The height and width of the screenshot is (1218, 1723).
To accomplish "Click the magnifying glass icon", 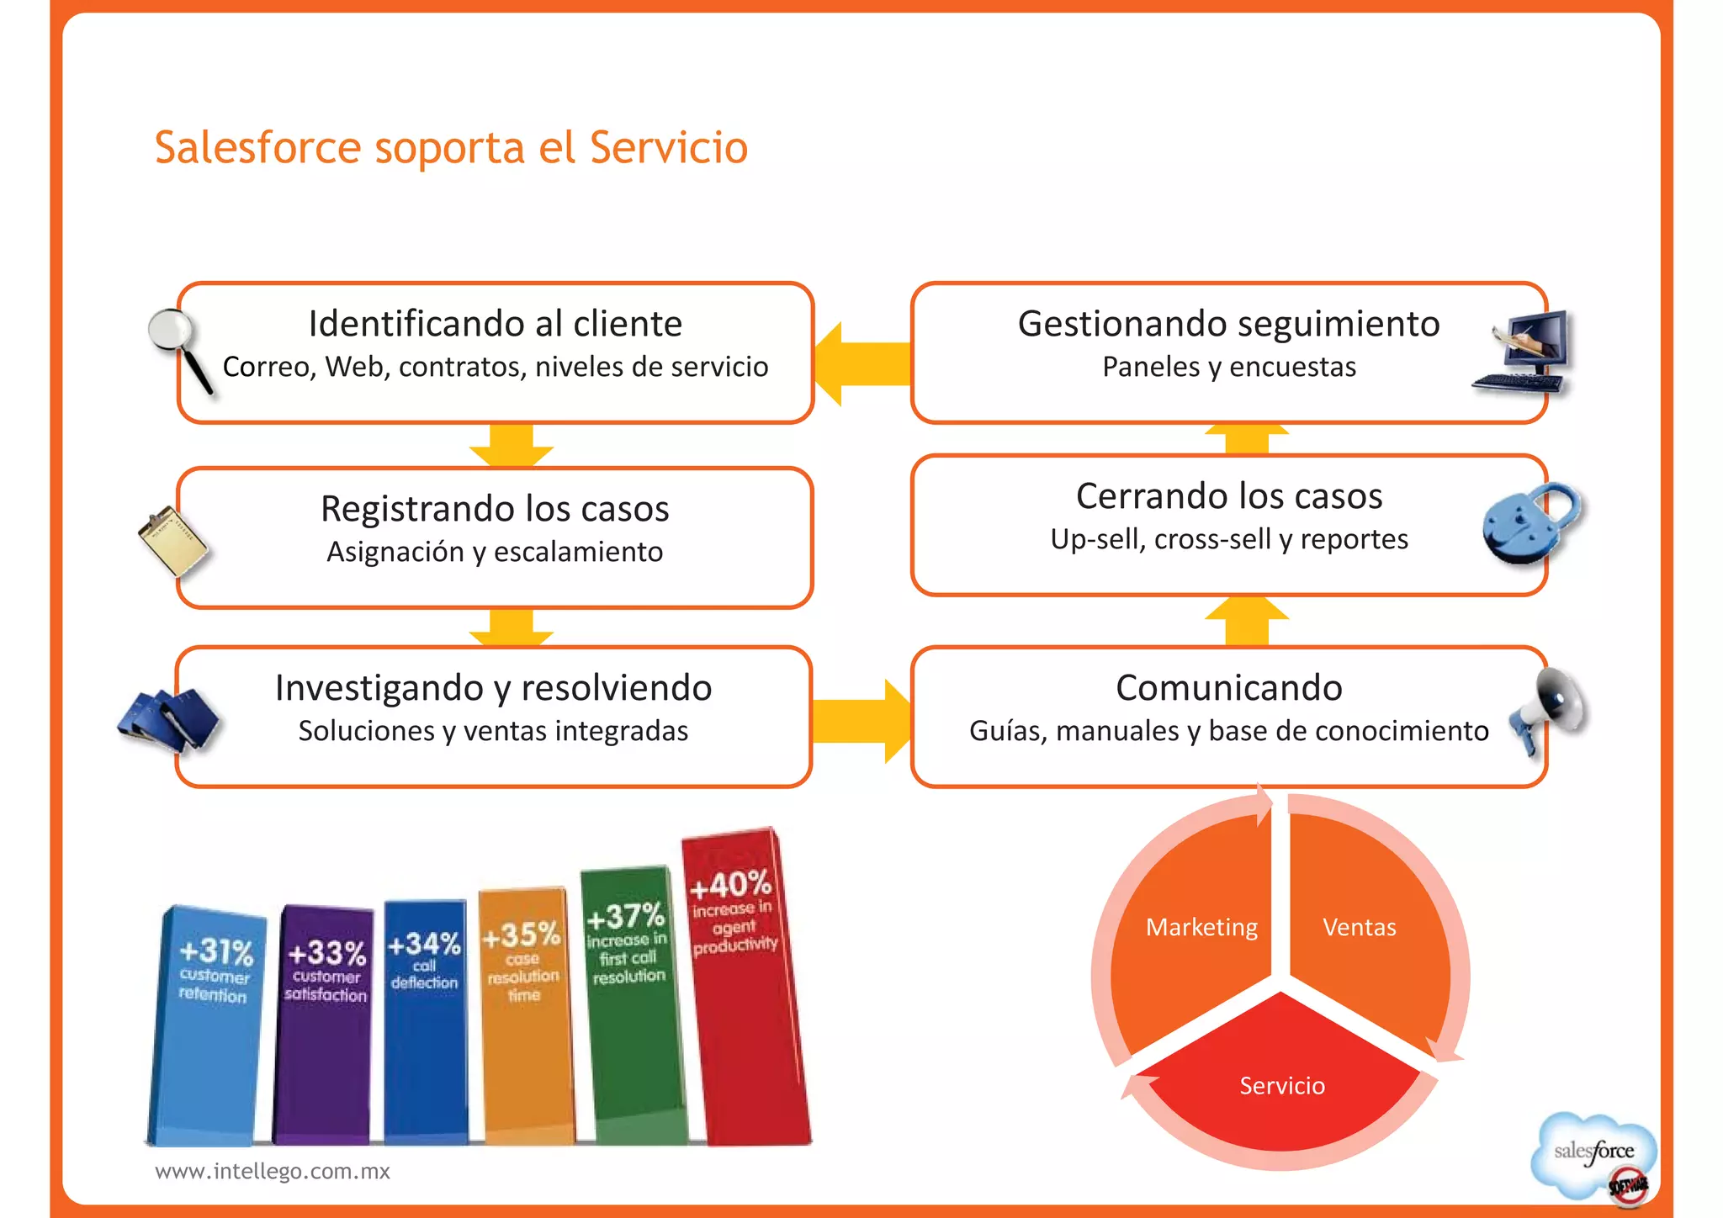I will click(178, 347).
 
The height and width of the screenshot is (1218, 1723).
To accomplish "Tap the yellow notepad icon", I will click(173, 540).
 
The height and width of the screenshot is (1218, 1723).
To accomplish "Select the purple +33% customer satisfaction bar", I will click(324, 1026).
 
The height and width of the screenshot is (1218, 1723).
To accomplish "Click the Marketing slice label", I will click(1201, 927).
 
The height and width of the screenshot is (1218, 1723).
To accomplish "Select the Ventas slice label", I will click(1359, 927).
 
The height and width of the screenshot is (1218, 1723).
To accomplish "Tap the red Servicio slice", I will click(1281, 1085).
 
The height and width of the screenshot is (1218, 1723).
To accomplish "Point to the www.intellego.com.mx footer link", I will click(273, 1171).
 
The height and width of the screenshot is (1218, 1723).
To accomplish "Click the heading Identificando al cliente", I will click(495, 324).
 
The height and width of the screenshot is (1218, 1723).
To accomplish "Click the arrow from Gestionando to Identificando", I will click(861, 363).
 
